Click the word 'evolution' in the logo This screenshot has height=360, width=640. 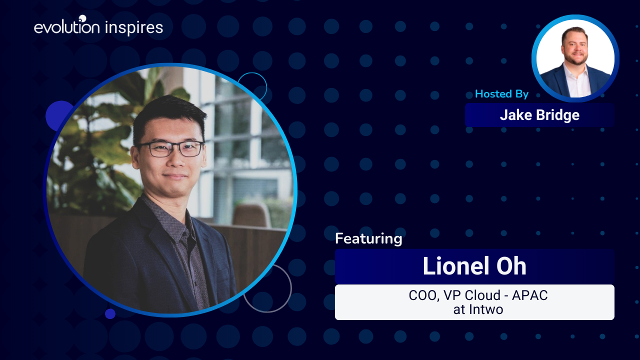[67, 26]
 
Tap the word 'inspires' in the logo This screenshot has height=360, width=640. [133, 28]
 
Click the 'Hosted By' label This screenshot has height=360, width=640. [501, 93]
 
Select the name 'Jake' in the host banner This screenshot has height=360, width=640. [516, 115]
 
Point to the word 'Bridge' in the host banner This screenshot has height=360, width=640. [557, 115]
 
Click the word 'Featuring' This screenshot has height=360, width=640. [368, 239]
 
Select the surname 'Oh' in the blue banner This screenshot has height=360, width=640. [511, 266]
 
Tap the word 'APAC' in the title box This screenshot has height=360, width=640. [529, 295]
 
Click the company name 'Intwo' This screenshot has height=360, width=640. [486, 309]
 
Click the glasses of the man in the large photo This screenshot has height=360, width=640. [171, 149]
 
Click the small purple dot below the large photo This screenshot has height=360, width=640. [110, 313]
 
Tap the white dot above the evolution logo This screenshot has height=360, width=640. [82, 18]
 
